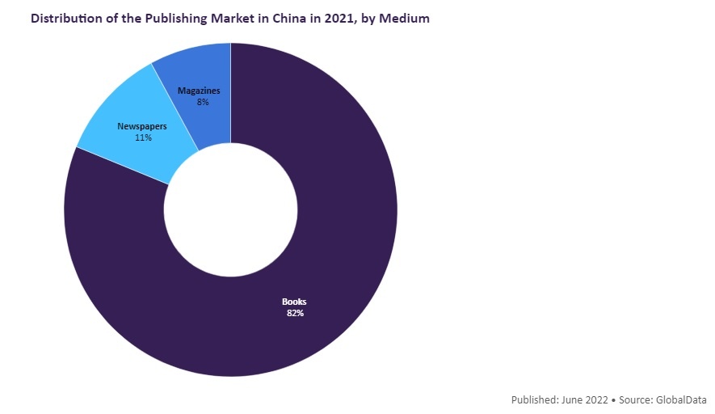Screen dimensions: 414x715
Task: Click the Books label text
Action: coord(294,302)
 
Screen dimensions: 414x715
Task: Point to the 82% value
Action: coord(294,313)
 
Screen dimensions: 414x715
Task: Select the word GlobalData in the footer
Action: coord(681,400)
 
